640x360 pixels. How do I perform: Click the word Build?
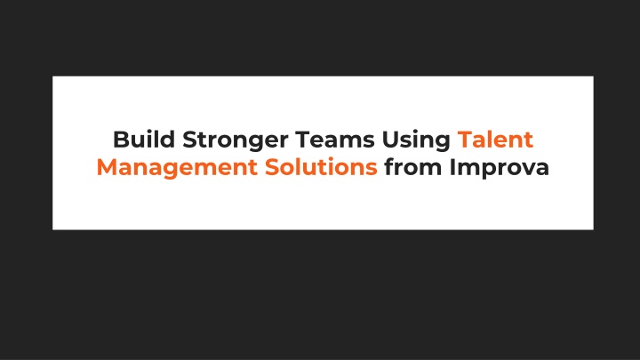[144, 140]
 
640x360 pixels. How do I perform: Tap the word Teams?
[335, 140]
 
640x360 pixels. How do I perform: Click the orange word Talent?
[495, 140]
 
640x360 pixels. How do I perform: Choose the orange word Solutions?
[321, 167]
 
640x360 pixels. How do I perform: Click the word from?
[413, 167]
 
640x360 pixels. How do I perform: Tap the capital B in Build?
[121, 140]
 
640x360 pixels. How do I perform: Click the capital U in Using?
[390, 140]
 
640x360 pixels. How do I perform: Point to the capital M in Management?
[108, 167]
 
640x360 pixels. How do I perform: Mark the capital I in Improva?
[452, 167]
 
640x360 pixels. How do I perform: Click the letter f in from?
[389, 167]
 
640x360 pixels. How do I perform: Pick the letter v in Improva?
[526, 170]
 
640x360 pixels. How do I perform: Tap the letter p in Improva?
[489, 172]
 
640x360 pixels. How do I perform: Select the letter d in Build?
[167, 140]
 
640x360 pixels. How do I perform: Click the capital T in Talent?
[465, 140]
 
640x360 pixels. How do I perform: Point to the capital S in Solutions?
[272, 167]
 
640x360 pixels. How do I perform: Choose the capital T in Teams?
[303, 140]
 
